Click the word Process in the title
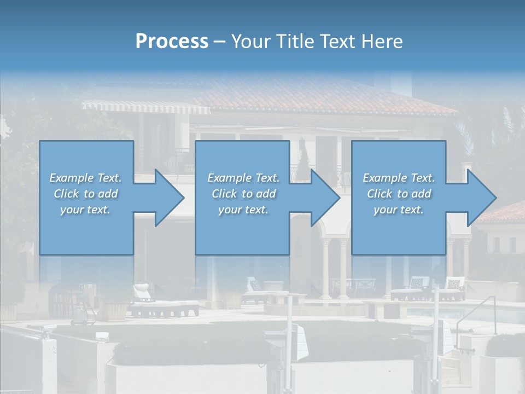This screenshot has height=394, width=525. (x=172, y=42)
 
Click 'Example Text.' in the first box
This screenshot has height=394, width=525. (x=85, y=178)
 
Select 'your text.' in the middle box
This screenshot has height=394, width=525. (x=243, y=210)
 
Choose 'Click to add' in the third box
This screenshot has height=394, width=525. (x=399, y=194)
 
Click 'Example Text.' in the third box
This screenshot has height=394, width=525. (x=399, y=178)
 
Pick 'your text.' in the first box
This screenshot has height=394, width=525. (x=85, y=210)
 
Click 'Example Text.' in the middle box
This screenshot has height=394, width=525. (x=243, y=178)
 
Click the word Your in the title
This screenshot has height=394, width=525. (x=252, y=42)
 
